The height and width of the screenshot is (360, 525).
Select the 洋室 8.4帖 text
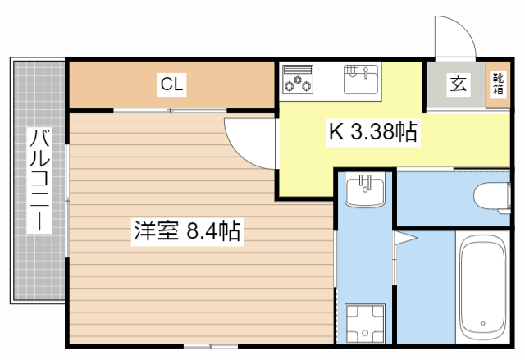click(186, 231)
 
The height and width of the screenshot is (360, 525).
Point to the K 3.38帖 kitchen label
click(373, 130)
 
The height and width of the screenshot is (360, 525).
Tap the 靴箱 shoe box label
click(498, 84)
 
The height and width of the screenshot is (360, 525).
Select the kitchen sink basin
click(361, 80)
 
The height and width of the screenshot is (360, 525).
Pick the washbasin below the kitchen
click(365, 192)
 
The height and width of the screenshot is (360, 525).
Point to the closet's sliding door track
click(171, 110)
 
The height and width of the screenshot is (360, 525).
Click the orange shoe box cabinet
click(497, 84)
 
